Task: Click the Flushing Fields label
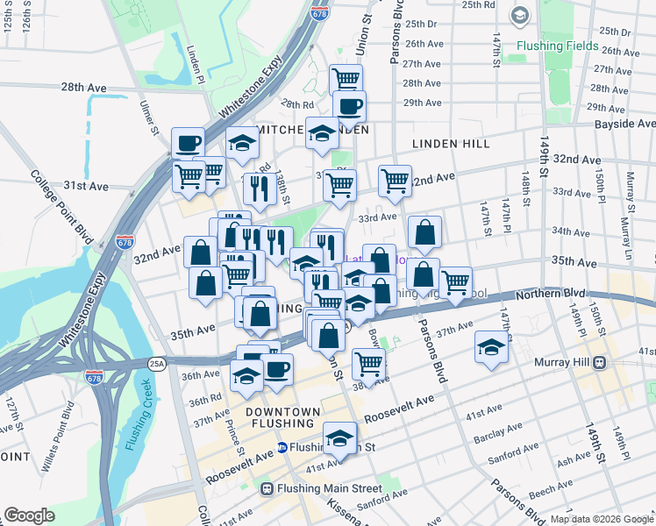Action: point(557,46)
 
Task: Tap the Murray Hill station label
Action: point(565,362)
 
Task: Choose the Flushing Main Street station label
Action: point(330,488)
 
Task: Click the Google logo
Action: point(29,515)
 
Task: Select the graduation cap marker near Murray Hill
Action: point(491,347)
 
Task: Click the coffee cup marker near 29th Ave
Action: point(349,106)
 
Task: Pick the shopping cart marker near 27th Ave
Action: point(346,79)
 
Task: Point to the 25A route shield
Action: point(157,362)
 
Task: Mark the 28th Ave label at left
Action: point(84,88)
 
